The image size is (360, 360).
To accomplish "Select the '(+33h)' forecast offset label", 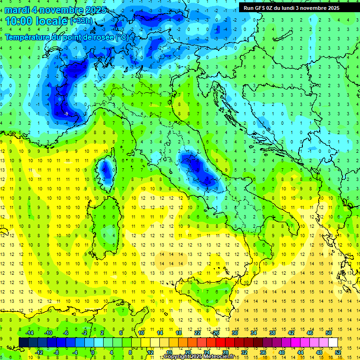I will (82, 21).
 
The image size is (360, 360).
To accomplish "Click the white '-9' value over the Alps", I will (66, 114).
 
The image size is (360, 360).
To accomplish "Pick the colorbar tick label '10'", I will (141, 332).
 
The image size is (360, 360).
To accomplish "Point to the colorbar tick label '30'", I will (235, 332).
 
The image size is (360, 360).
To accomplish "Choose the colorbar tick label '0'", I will (93, 352).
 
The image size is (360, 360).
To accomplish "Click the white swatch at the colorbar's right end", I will (333, 342).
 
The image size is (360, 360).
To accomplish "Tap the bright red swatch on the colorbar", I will (220, 342).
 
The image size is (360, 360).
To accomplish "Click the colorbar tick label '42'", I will (291, 332).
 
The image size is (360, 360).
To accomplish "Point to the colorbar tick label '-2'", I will (85, 332).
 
